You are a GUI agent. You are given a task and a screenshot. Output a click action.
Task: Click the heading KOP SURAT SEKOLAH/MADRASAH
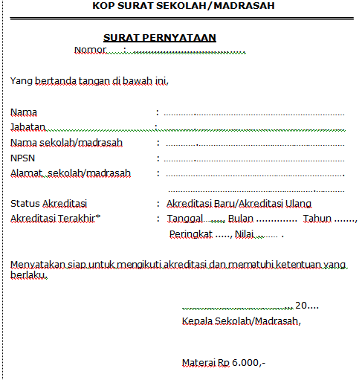[184, 6]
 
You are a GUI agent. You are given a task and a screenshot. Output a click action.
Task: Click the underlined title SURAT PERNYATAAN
[159, 38]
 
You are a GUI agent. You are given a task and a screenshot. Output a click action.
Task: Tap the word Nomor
[91, 50]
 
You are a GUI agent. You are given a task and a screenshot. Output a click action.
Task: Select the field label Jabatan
[28, 126]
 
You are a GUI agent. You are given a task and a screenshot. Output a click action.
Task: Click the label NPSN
[22, 158]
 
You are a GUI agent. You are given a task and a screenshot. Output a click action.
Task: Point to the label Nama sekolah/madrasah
[66, 142]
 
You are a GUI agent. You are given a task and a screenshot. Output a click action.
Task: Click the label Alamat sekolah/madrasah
[70, 173]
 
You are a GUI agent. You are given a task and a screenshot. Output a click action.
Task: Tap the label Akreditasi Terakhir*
[56, 219]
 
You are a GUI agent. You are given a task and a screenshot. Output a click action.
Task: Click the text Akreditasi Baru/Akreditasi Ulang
[239, 203]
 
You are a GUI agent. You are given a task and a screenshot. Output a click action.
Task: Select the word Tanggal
[185, 219]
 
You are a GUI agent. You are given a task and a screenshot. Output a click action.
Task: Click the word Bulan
[241, 219]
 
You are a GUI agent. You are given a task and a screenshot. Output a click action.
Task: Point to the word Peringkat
[190, 234]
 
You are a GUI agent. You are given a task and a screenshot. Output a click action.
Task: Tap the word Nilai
[245, 234]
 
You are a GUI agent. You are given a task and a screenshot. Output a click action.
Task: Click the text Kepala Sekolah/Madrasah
[241, 321]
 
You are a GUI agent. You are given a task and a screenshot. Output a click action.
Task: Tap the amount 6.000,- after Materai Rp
[249, 363]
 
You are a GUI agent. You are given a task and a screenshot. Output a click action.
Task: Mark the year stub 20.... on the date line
[306, 306]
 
